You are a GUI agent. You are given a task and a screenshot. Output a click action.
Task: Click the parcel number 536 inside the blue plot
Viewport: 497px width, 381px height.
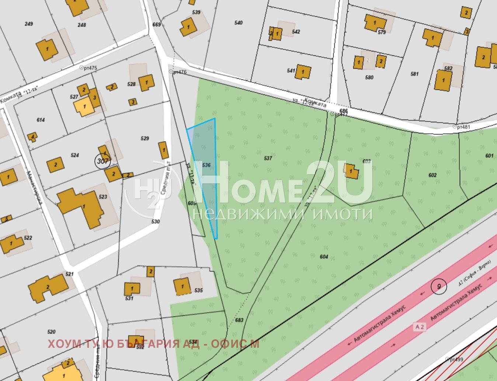[206, 165]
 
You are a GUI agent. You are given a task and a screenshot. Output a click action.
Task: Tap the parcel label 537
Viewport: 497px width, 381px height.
[268, 158]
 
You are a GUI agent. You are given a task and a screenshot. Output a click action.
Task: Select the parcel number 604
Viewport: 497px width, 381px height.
[324, 257]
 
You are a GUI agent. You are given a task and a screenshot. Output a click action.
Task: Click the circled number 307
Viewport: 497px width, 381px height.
[102, 161]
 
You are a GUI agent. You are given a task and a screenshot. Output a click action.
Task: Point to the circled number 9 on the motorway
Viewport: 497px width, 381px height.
[439, 286]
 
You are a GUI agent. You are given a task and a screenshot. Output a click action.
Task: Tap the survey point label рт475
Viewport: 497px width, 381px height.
[90, 68]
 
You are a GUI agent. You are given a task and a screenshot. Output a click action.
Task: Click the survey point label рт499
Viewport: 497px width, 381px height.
[456, 359]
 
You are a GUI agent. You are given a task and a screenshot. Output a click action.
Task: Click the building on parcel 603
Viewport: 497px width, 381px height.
[351, 172]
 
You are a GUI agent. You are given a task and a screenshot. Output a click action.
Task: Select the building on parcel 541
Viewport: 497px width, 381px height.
[303, 72]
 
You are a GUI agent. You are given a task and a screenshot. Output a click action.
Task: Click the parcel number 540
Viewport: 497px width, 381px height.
[239, 23]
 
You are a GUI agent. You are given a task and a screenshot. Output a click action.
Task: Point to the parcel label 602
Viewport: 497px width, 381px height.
[432, 175]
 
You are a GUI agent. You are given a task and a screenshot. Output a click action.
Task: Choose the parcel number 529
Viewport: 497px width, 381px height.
[145, 138]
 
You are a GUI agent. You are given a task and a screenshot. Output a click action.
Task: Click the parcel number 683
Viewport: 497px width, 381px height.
[239, 320]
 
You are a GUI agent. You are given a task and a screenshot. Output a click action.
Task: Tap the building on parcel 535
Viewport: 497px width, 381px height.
[182, 286]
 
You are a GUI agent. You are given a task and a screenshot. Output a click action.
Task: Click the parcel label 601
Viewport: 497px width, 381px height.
[489, 156]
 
